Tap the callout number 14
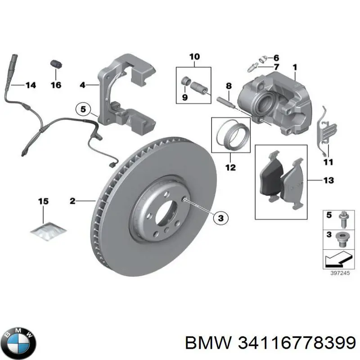pyautogui.click(x=30, y=85)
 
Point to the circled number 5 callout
pyautogui.click(x=83, y=108)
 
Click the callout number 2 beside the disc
pyautogui.click(x=72, y=201)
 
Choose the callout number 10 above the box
pyautogui.click(x=194, y=57)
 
